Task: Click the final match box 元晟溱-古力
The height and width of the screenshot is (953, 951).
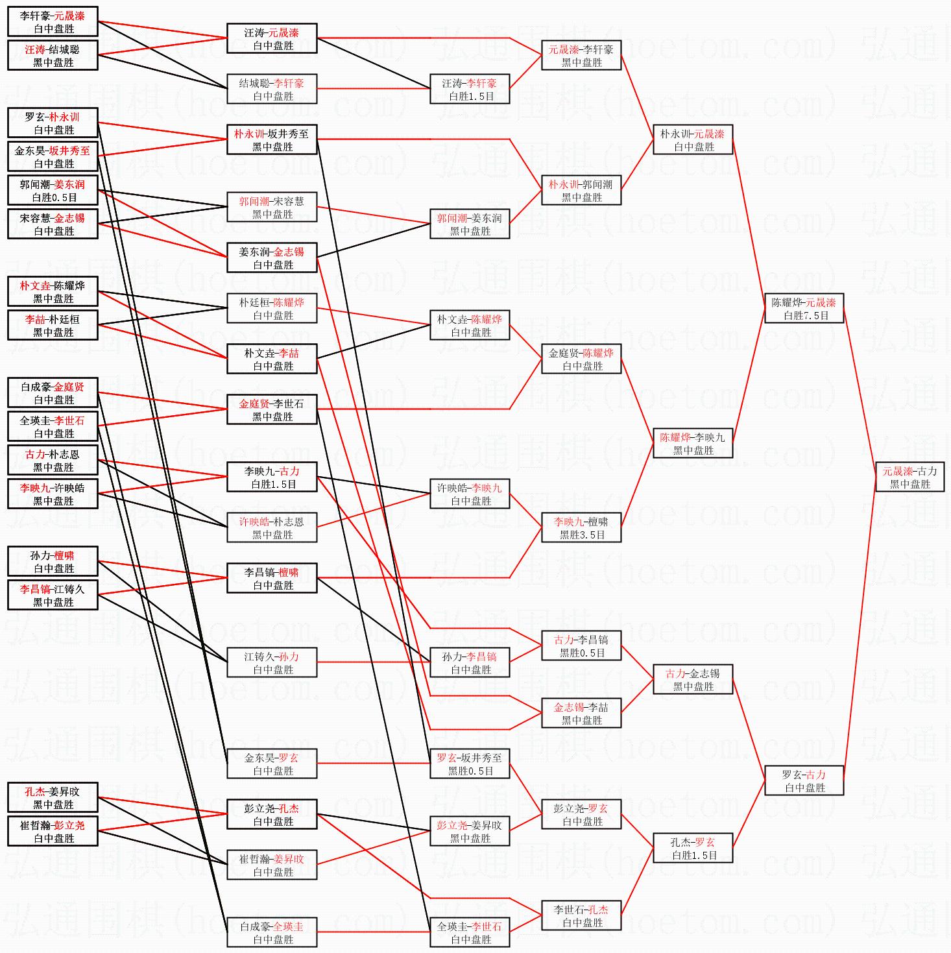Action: tap(909, 477)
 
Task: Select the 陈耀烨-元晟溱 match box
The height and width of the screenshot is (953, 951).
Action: tap(804, 309)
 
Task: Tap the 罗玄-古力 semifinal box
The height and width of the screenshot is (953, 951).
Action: tap(804, 781)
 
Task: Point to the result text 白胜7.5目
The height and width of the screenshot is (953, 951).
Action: tap(806, 316)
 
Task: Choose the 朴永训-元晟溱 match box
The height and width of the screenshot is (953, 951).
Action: tap(693, 140)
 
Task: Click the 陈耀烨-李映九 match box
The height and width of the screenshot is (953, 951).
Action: tap(693, 444)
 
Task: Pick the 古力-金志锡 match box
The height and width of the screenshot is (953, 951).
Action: tap(693, 680)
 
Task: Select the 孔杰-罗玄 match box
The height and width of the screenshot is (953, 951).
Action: tap(693, 849)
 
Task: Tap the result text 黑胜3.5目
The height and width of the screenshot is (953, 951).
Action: tap(582, 535)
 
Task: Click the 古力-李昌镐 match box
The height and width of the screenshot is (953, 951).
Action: tap(582, 646)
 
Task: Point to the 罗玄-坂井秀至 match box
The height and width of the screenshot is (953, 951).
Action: tap(470, 764)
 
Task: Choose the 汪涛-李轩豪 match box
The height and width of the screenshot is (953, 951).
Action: tap(470, 90)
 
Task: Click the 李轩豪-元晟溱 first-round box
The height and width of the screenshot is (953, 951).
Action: tap(53, 22)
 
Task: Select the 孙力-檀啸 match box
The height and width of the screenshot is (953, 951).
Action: tap(53, 562)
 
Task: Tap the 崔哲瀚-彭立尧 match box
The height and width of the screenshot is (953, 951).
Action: tap(53, 832)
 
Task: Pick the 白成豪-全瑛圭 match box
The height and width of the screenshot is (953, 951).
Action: tap(272, 933)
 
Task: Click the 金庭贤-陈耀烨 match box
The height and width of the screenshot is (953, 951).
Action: tap(582, 359)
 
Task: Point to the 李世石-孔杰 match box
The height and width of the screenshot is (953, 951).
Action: tap(582, 916)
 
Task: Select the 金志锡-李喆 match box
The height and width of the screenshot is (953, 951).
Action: tap(582, 714)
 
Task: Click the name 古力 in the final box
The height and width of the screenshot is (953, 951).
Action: tap(927, 472)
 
